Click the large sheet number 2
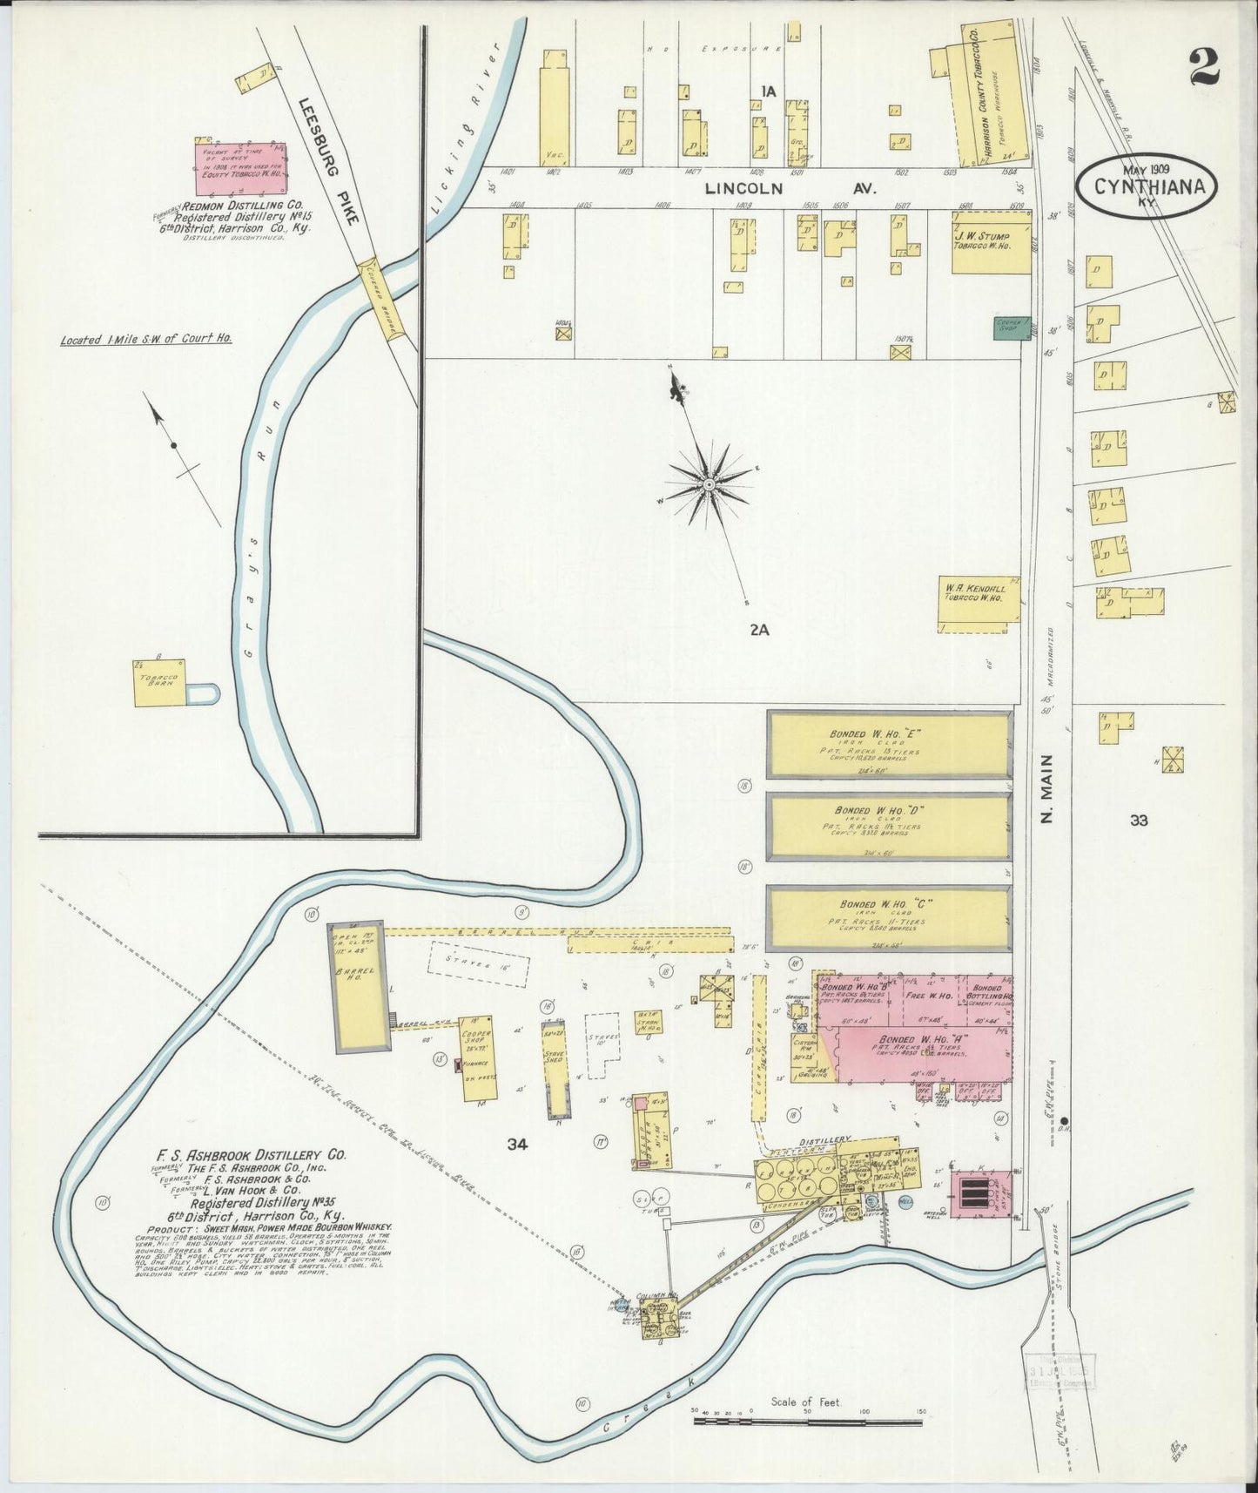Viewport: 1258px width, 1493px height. coord(1205,65)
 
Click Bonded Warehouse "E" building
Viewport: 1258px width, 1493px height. coord(888,745)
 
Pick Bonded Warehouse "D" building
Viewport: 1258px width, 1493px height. coord(888,825)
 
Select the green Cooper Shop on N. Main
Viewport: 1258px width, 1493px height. coord(1012,328)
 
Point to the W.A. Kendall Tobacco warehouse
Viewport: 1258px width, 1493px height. coord(979,603)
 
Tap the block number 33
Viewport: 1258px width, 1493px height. coord(1139,820)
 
